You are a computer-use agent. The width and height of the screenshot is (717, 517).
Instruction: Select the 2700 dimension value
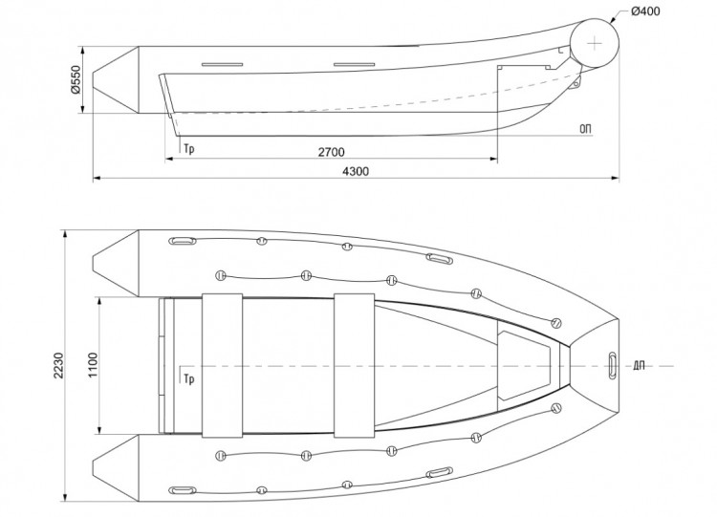[332, 152]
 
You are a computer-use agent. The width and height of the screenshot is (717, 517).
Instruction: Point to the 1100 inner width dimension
[94, 365]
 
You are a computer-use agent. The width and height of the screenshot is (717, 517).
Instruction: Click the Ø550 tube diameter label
[76, 79]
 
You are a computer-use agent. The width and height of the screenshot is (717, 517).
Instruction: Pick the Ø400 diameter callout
[644, 12]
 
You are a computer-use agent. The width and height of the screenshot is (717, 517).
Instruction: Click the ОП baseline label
[584, 127]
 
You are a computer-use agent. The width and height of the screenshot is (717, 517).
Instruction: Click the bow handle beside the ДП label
[611, 364]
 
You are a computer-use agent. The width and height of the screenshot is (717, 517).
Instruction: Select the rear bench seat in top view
[220, 365]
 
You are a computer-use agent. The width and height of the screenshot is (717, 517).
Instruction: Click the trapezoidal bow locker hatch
[523, 365]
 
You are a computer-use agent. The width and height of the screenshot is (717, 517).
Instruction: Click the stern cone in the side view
[118, 79]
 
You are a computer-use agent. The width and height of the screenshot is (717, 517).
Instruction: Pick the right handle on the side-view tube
[354, 65]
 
